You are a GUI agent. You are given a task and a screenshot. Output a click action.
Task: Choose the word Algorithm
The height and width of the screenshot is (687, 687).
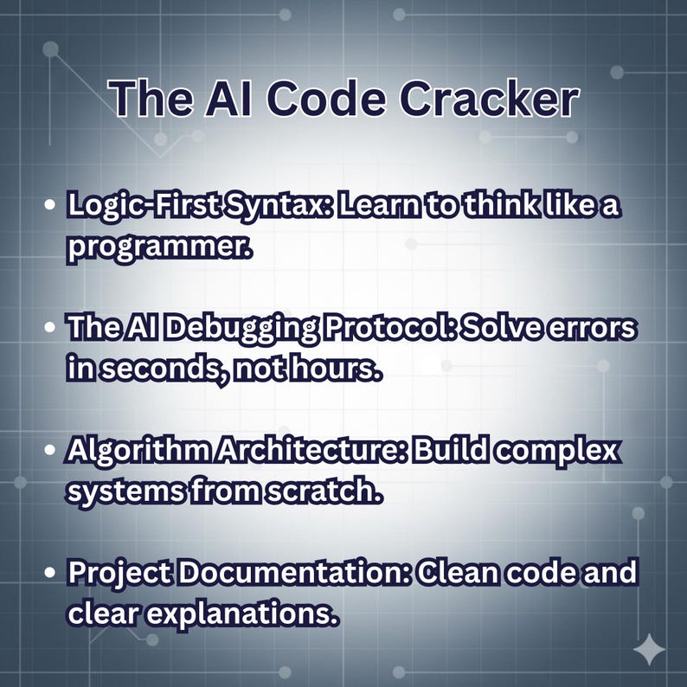point(135,453)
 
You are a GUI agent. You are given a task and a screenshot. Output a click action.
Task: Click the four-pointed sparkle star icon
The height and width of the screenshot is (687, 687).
point(649,650)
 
